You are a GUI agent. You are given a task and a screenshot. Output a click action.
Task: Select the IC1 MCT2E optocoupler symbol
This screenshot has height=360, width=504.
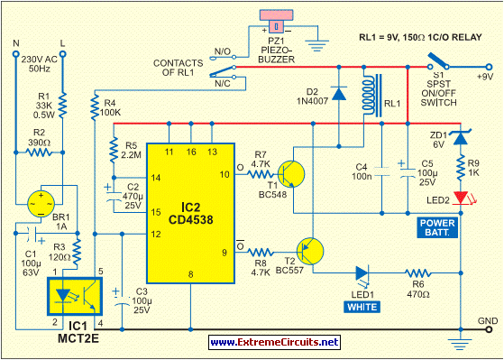point(74,295)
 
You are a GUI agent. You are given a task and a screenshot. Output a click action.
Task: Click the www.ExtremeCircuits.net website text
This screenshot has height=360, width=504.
point(275,343)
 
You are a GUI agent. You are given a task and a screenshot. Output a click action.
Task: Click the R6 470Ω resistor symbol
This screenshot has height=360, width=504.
point(417,272)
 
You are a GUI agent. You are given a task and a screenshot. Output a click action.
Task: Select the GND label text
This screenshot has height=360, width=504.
point(486,320)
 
